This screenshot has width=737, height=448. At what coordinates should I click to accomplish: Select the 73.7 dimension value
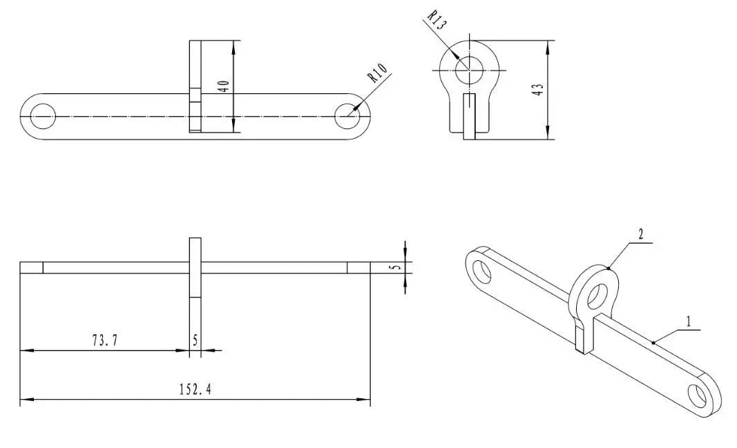(x=105, y=340)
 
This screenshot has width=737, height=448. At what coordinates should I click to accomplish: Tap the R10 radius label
(x=378, y=74)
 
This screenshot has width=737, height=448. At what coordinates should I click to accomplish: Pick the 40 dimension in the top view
(x=222, y=86)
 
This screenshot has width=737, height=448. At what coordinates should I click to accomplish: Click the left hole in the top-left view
(x=42, y=117)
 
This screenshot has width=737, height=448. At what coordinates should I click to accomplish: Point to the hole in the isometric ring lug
(x=595, y=295)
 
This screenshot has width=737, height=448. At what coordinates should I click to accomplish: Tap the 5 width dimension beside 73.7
(x=195, y=340)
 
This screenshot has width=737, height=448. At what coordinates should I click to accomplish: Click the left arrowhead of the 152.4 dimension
(x=24, y=399)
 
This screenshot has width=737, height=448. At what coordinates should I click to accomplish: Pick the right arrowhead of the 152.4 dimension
(x=366, y=399)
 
